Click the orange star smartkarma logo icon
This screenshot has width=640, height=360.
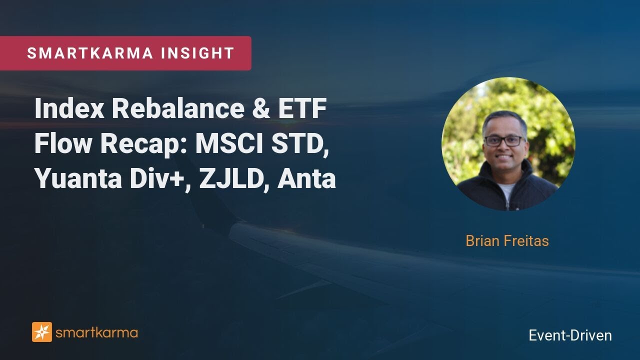click(42, 332)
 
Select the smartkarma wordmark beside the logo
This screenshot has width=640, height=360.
click(96, 332)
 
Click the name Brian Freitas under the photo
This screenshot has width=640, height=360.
click(507, 241)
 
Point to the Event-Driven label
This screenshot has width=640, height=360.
click(570, 335)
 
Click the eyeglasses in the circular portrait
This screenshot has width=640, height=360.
click(504, 140)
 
